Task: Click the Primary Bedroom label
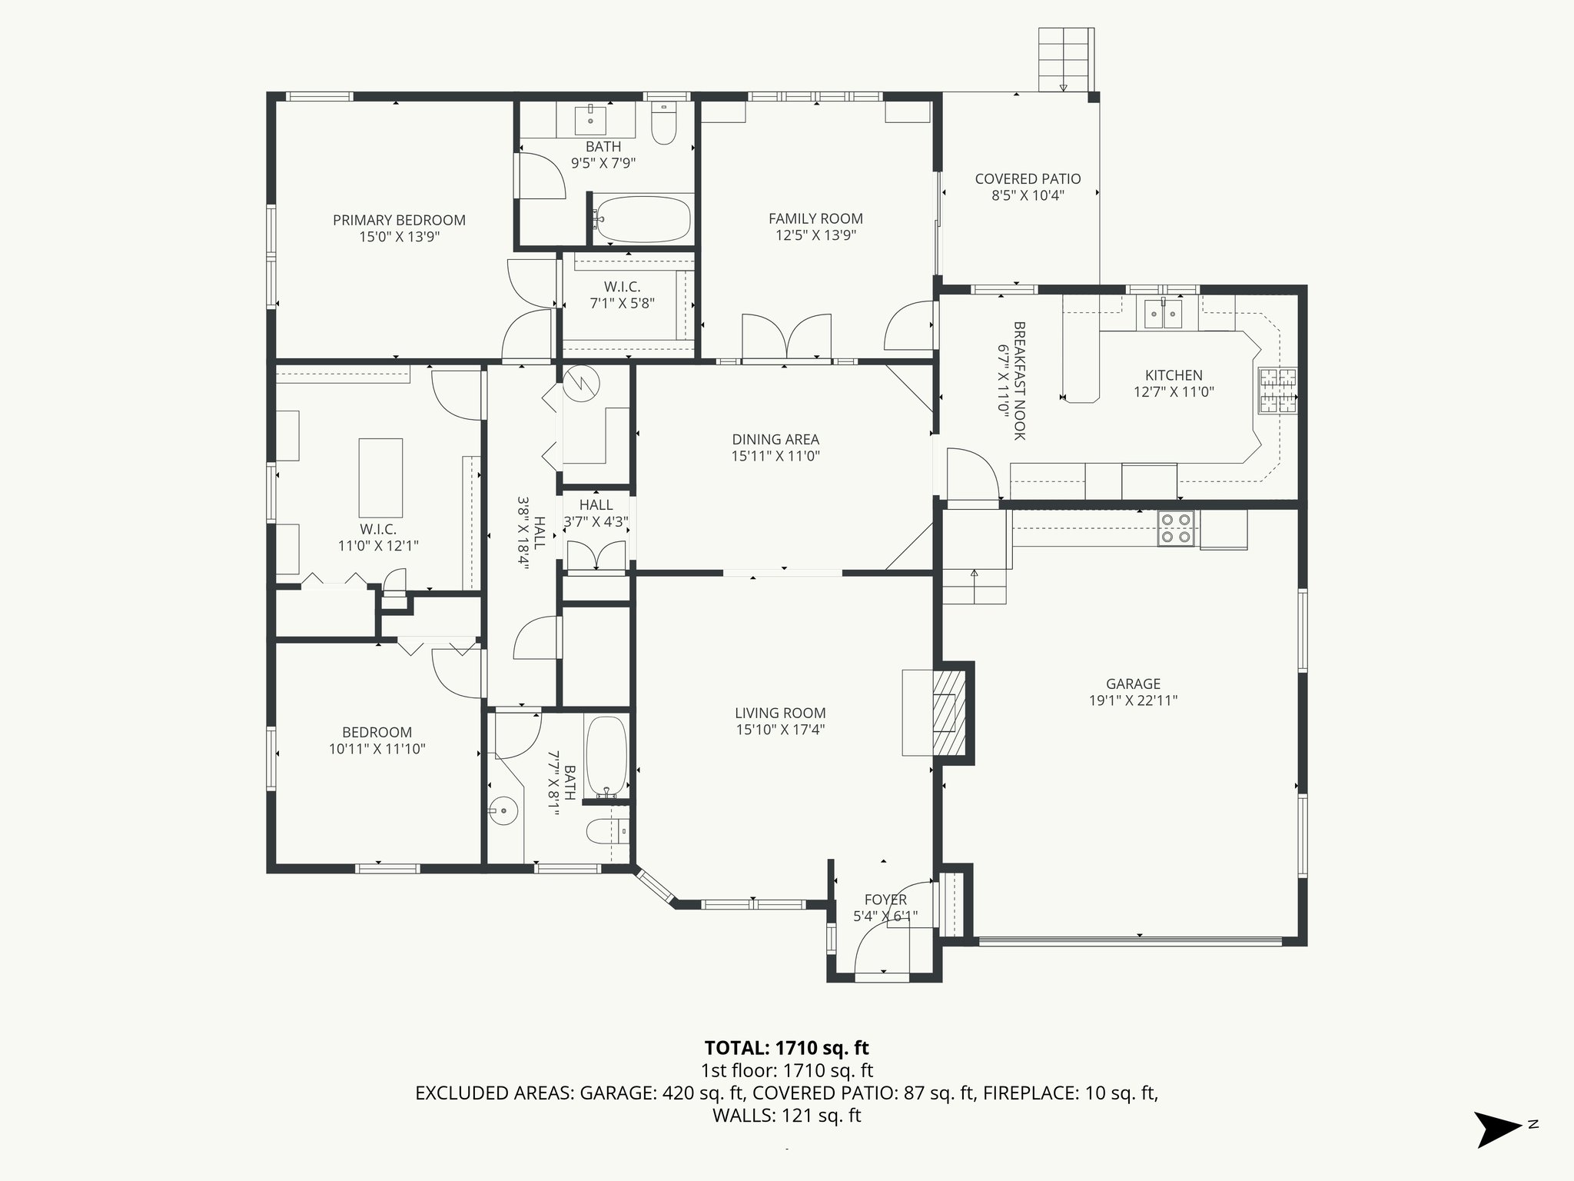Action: click(399, 220)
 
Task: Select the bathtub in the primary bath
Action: click(643, 220)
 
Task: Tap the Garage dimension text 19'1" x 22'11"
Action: click(1133, 700)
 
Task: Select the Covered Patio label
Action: click(1028, 178)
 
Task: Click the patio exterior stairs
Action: click(1064, 60)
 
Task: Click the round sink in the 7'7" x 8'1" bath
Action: click(503, 810)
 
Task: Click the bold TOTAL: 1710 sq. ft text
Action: click(786, 1047)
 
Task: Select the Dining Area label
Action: click(775, 439)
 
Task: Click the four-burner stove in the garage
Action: click(1176, 528)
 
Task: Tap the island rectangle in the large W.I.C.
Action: click(380, 477)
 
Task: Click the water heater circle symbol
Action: click(582, 382)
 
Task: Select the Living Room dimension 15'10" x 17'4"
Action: click(779, 730)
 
